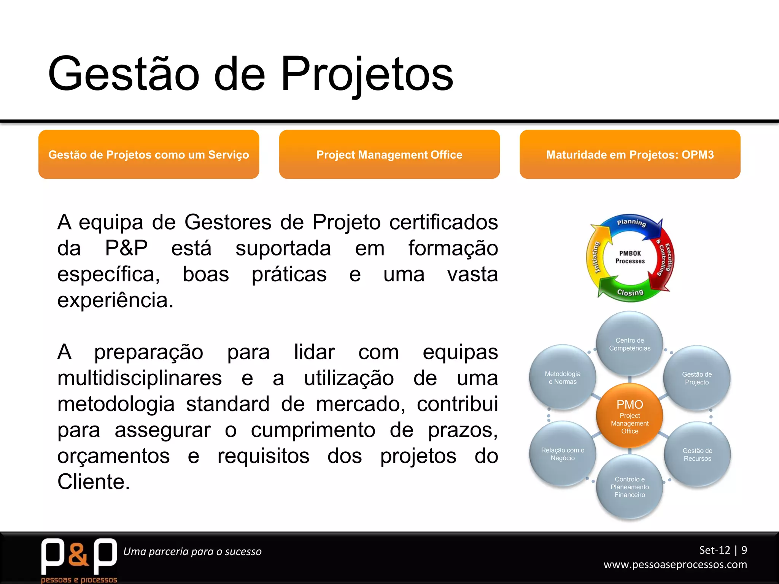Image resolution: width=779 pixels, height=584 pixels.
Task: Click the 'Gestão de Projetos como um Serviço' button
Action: pos(149,154)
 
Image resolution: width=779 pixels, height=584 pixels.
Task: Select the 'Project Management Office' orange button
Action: pos(389,154)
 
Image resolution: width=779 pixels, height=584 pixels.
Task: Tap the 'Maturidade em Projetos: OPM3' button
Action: pos(630,154)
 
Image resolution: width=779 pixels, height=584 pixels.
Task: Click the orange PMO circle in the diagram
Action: pos(630,416)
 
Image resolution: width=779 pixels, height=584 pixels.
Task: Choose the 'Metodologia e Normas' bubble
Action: pos(563,378)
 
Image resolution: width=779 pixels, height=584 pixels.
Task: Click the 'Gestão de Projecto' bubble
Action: pos(696,378)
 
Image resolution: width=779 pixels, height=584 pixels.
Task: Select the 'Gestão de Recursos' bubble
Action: pos(697,454)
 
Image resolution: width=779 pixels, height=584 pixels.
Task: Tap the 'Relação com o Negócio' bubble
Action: pos(563,454)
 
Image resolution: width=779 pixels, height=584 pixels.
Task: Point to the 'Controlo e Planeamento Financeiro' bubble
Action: pos(630,487)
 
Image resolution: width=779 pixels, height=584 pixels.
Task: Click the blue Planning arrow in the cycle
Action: pos(631,223)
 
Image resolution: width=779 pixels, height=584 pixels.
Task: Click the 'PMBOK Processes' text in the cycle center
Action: pos(630,257)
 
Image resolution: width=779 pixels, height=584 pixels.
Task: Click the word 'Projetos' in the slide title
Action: pos(367,74)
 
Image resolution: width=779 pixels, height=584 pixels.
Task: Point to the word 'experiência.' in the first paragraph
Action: pos(115,300)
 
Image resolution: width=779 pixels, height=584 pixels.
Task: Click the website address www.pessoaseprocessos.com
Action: pos(675,564)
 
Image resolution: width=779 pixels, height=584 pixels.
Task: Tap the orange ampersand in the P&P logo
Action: pos(79,554)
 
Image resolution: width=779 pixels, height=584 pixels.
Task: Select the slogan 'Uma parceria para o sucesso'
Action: pos(192,551)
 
